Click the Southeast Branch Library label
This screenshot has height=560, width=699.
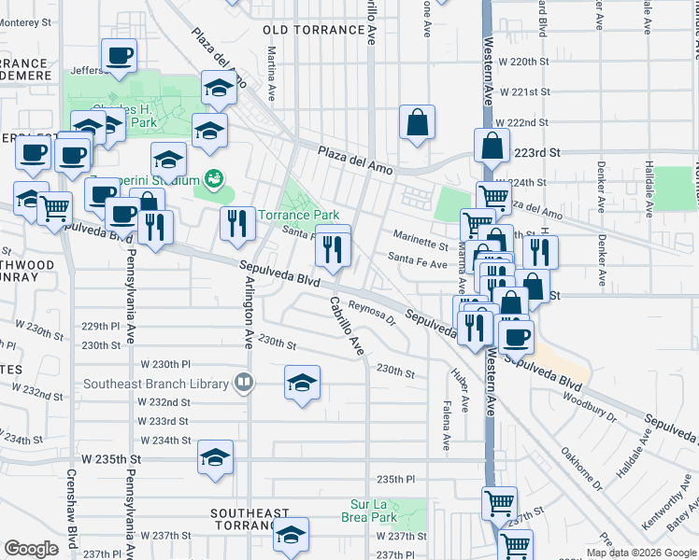tap(156, 384)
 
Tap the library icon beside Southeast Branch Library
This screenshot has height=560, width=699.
tap(244, 382)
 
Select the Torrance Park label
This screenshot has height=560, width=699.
tap(298, 215)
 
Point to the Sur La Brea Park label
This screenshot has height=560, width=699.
tap(374, 511)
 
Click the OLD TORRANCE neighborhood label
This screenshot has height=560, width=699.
tap(314, 30)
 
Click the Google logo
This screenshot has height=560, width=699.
tap(31, 549)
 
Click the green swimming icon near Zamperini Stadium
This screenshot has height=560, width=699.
tap(214, 177)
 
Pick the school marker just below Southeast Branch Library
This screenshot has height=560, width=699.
tap(301, 383)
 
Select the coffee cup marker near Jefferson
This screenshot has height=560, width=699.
tap(119, 57)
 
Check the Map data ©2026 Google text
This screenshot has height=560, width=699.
tap(640, 553)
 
